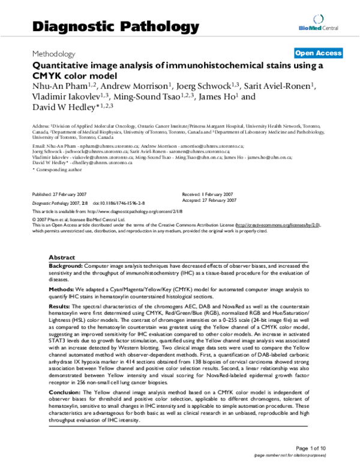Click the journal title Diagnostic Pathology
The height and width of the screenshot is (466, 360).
114,26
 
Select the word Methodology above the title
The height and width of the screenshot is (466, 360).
53,53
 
